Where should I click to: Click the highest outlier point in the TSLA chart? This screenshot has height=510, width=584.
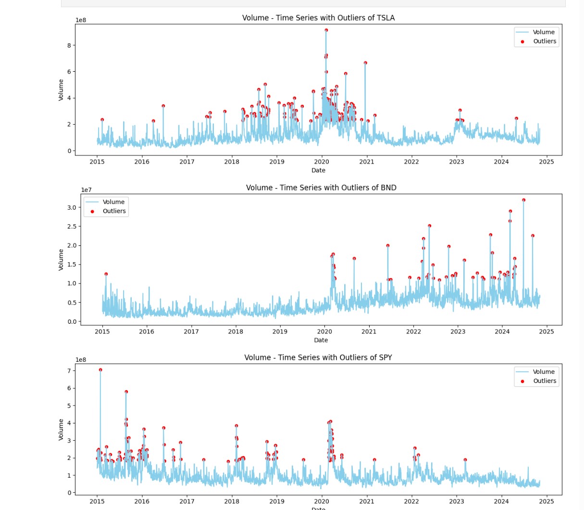coord(326,30)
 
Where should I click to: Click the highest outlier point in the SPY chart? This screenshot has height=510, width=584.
coord(100,370)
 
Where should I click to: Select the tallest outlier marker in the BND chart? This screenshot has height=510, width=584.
coord(523,200)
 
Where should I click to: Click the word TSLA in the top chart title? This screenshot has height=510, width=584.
coord(385,18)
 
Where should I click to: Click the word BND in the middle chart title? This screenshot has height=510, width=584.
coord(388,188)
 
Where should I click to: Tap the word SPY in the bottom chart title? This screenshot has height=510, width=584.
coord(385,357)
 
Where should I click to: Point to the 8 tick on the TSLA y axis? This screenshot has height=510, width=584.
coord(69,45)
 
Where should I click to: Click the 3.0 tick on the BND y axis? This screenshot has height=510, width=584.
coord(72,207)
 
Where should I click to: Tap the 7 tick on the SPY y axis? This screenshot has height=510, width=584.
coord(69,371)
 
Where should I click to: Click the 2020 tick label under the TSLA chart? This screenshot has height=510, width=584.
coord(322,162)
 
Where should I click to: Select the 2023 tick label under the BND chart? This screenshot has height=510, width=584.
coord(458,331)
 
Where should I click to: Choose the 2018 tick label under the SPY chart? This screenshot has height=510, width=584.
coord(232,501)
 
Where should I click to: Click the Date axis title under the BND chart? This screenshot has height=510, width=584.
coord(321,340)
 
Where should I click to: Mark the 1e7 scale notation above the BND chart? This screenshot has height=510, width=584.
coord(86,190)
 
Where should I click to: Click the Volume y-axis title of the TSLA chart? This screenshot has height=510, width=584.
coord(61,90)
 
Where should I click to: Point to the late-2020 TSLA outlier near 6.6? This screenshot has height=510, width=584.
coord(365,63)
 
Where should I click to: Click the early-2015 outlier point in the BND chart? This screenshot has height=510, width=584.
coord(106,274)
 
